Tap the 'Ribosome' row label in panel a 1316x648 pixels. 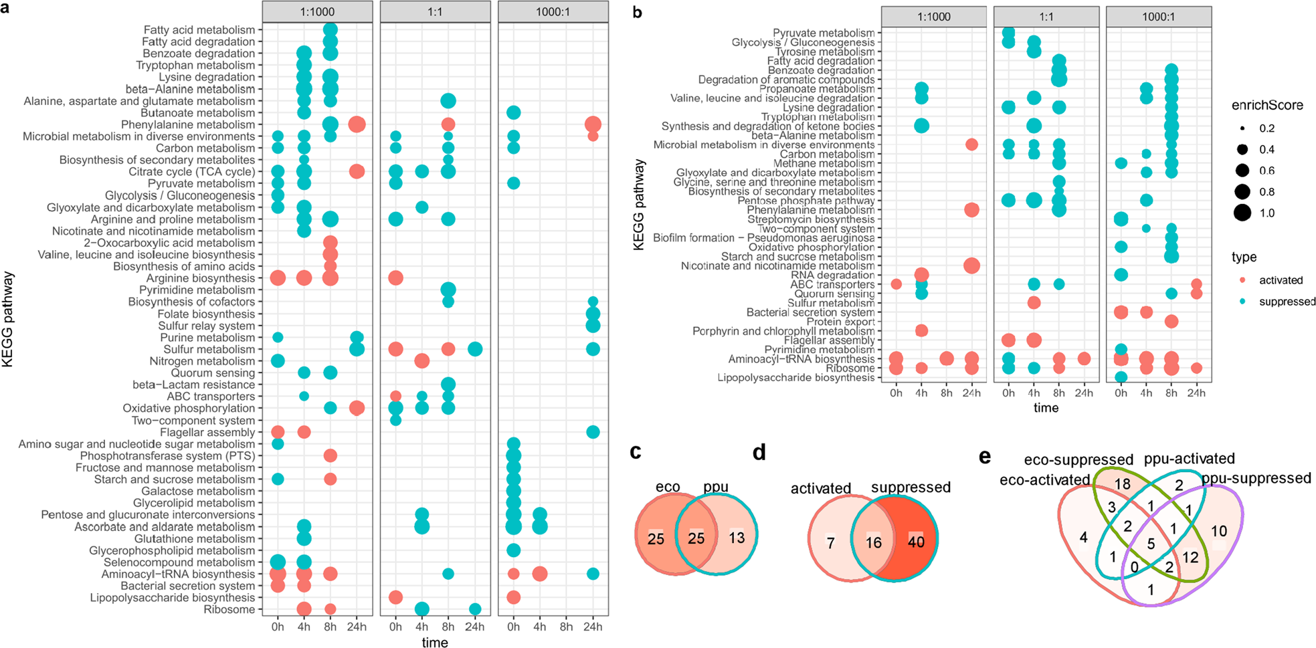[229, 610]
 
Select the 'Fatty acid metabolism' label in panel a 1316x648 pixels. [199, 30]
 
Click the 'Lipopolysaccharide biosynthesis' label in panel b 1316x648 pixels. [796, 378]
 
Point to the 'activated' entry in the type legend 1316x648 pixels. [1281, 280]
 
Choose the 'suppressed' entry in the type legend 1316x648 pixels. [1287, 302]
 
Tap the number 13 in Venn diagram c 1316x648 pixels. [737, 538]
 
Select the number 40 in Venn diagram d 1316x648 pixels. [916, 542]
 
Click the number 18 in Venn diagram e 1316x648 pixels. [1122, 484]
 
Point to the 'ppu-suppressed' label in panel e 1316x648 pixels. [1256, 478]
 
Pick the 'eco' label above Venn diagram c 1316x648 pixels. [668, 487]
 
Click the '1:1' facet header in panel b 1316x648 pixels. [1046, 17]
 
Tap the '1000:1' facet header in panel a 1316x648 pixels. [553, 12]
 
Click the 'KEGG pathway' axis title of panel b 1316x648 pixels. [639, 204]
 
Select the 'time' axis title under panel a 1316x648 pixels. [435, 642]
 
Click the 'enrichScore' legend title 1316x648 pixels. [1267, 106]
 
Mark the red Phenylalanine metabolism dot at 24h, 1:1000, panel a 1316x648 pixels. [357, 124]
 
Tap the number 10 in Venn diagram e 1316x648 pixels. [1219, 532]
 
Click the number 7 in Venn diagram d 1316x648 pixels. [830, 542]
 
